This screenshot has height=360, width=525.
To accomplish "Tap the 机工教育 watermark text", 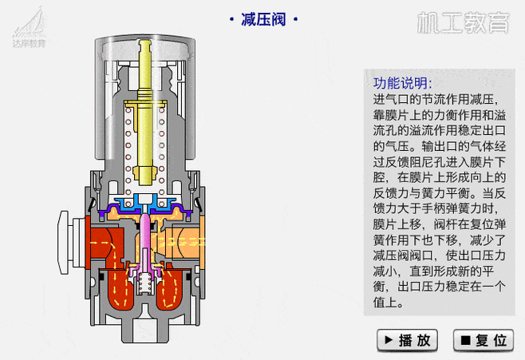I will (463, 22).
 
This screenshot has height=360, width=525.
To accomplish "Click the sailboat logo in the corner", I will (30, 20).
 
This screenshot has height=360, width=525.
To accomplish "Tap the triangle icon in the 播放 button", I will (389, 340).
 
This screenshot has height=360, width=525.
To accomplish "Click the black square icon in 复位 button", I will (465, 340).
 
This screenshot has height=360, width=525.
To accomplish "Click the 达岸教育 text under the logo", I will (30, 43).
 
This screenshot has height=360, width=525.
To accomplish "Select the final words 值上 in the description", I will (389, 303).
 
